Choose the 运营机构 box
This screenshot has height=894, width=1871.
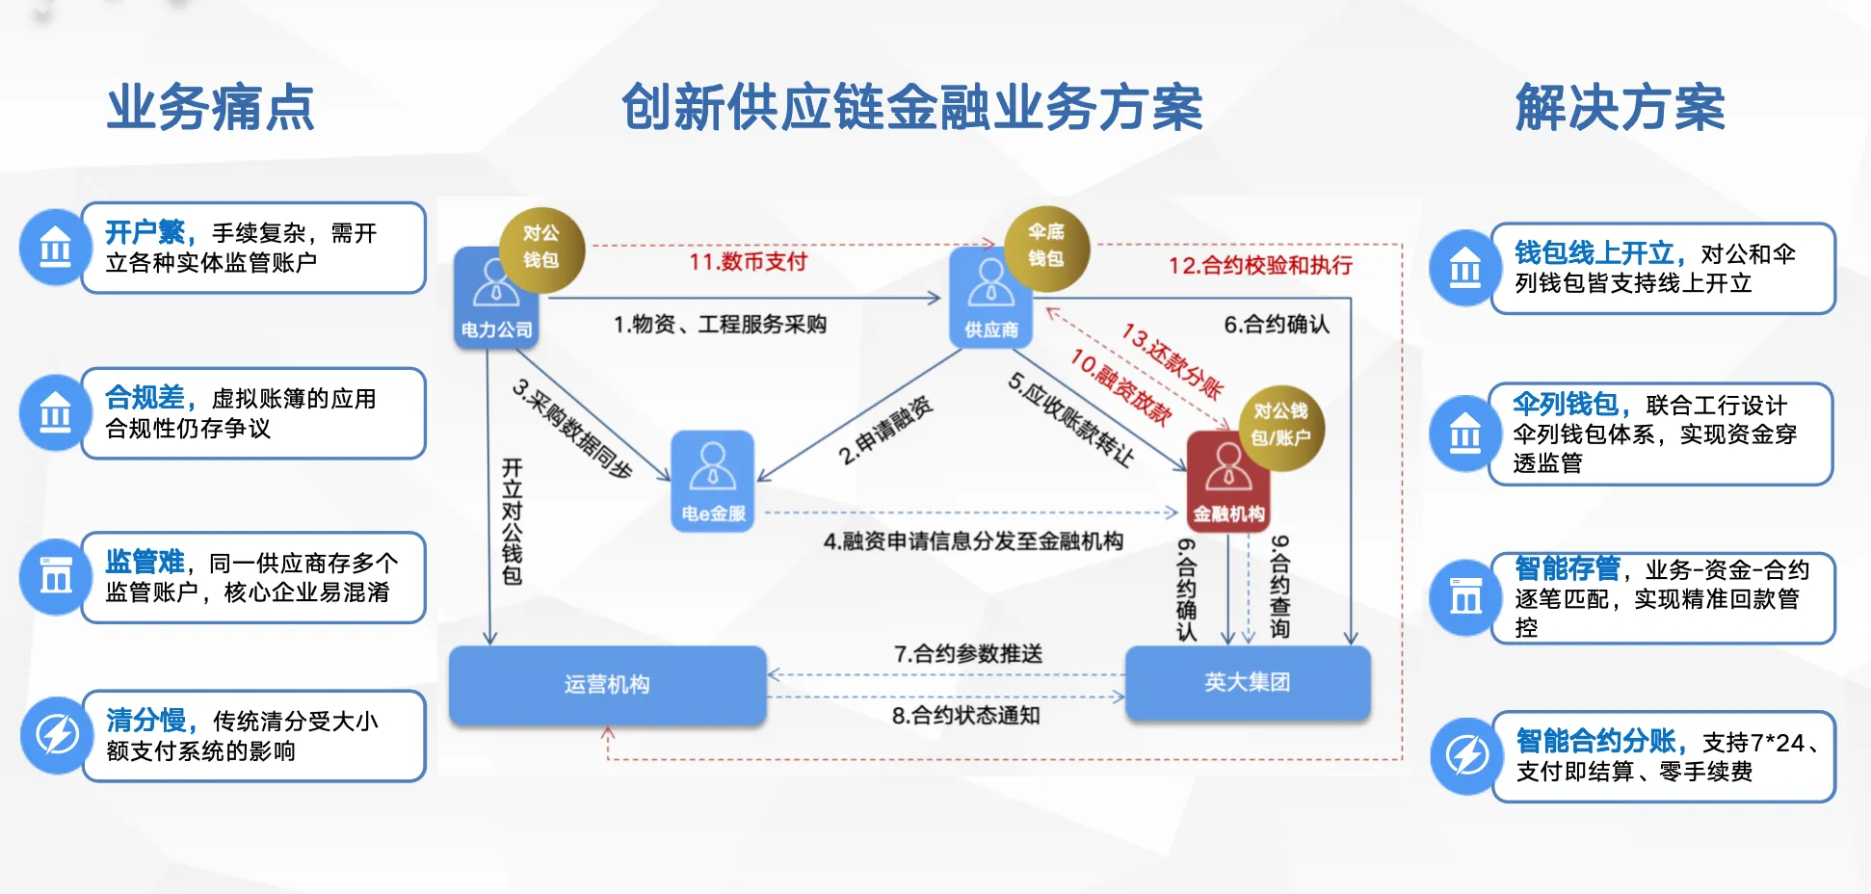click(x=607, y=684)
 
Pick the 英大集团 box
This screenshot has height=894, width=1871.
click(x=1248, y=682)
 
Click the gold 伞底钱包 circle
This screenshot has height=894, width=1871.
click(x=1046, y=246)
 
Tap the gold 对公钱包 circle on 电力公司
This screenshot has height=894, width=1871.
click(x=541, y=248)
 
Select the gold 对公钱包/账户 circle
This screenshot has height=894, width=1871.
click(x=1280, y=425)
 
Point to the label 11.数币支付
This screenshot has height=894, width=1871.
click(x=748, y=262)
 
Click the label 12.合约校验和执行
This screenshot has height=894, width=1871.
click(x=1260, y=266)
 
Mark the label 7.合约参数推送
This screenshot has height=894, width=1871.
click(x=968, y=654)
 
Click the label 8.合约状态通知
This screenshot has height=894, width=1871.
click(x=965, y=716)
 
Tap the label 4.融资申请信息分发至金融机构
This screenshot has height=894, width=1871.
click(x=973, y=541)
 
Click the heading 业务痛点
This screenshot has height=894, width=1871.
click(x=211, y=107)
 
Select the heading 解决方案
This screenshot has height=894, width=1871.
click(x=1620, y=107)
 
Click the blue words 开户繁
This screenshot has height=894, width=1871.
click(x=145, y=232)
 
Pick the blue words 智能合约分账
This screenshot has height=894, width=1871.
click(x=1595, y=741)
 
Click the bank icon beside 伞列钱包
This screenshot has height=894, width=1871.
click(x=1465, y=434)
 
